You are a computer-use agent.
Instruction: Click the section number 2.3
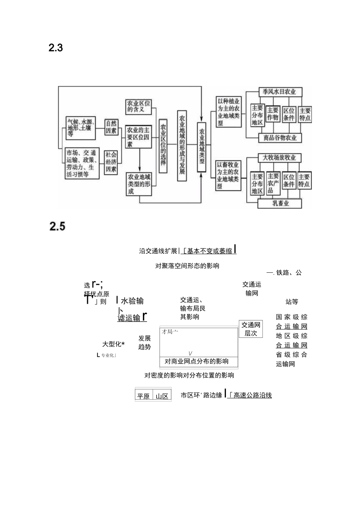point(56,48)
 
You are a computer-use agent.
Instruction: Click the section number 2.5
point(57,226)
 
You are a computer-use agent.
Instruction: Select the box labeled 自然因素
point(111,127)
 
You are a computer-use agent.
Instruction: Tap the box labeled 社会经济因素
point(111,162)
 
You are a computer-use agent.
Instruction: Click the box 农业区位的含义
point(139,106)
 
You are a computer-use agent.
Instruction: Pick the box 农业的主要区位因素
point(139,137)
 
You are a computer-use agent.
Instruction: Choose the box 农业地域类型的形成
point(139,184)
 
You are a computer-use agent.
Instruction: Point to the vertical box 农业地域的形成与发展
point(182,146)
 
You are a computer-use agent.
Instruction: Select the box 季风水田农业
point(279,92)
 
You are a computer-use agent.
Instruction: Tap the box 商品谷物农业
point(280,138)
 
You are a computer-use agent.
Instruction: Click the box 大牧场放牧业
point(280,158)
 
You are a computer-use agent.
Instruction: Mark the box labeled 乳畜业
point(280,203)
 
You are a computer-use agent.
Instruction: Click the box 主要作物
point(272,114)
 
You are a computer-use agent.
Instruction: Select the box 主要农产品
point(272,183)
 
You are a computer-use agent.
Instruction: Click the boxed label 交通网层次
point(251,329)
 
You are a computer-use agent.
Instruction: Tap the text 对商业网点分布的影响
point(197,361)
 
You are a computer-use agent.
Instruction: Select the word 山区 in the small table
point(162,396)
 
